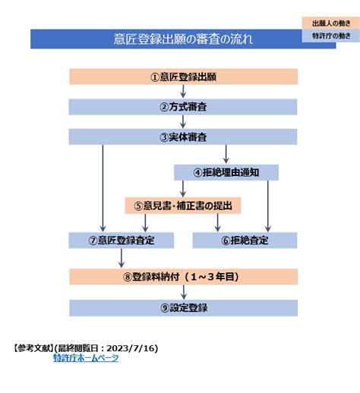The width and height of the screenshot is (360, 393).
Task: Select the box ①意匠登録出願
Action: click(x=183, y=77)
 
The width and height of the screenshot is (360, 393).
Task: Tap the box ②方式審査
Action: click(x=183, y=107)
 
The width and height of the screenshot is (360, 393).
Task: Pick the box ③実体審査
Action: click(x=183, y=137)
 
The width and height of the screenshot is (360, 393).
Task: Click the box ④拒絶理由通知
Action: click(x=226, y=172)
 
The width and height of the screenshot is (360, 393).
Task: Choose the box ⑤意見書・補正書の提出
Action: click(x=182, y=205)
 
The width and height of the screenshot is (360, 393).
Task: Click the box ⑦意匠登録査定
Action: click(x=122, y=241)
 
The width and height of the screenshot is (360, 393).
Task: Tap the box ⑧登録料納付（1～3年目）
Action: click(x=183, y=276)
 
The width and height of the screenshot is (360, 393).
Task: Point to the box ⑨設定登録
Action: click(x=183, y=307)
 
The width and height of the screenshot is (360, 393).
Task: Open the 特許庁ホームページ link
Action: click(x=86, y=358)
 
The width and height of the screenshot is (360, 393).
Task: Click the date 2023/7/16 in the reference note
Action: click(x=137, y=348)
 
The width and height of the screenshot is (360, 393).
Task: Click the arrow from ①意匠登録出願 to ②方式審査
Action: click(x=183, y=92)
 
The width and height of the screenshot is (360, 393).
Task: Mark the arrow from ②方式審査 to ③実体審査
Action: click(x=183, y=122)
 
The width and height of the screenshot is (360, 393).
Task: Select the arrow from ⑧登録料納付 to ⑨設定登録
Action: click(x=183, y=292)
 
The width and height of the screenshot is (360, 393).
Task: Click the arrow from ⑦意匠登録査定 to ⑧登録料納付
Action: click(x=121, y=258)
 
